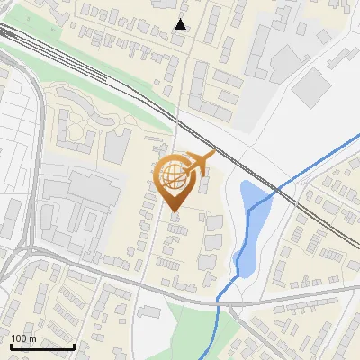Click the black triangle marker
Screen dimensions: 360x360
pos(181,24)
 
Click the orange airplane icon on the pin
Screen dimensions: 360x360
pos(198,163)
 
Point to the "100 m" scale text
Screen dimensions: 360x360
pos(23,338)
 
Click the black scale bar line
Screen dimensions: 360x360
pos(42,346)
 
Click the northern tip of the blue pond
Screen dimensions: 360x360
pos(247,183)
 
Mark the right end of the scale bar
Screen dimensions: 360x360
pos(74,346)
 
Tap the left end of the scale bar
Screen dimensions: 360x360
pos(11,346)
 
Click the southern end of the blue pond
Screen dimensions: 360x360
pos(240,271)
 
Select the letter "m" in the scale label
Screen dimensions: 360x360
pos(31,338)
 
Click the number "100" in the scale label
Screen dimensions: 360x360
pos(19,338)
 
